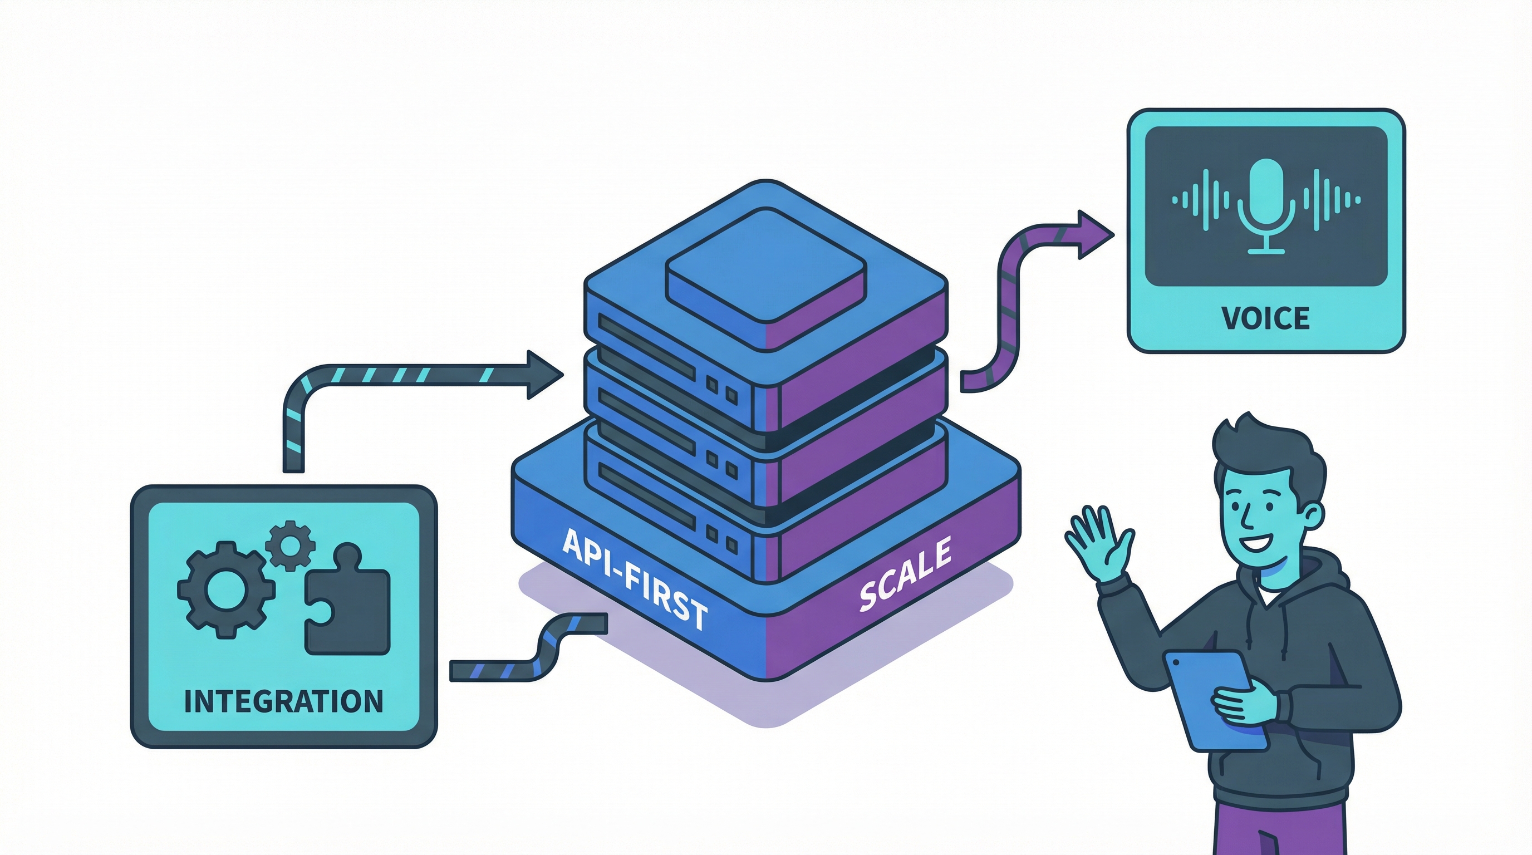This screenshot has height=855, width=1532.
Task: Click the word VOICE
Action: [x=1265, y=318]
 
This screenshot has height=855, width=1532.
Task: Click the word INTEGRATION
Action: [x=284, y=701]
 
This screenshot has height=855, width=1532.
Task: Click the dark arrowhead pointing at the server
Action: [x=542, y=375]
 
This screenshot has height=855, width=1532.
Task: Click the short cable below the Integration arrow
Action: [x=529, y=648]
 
